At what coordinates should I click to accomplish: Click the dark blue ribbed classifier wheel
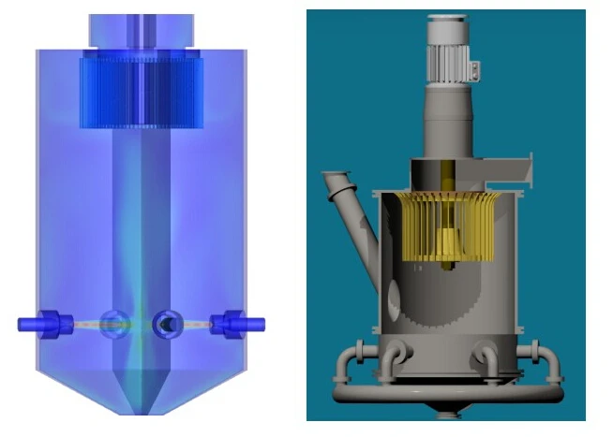141,89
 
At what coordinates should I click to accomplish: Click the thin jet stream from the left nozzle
89,326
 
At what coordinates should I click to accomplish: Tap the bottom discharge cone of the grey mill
448,412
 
